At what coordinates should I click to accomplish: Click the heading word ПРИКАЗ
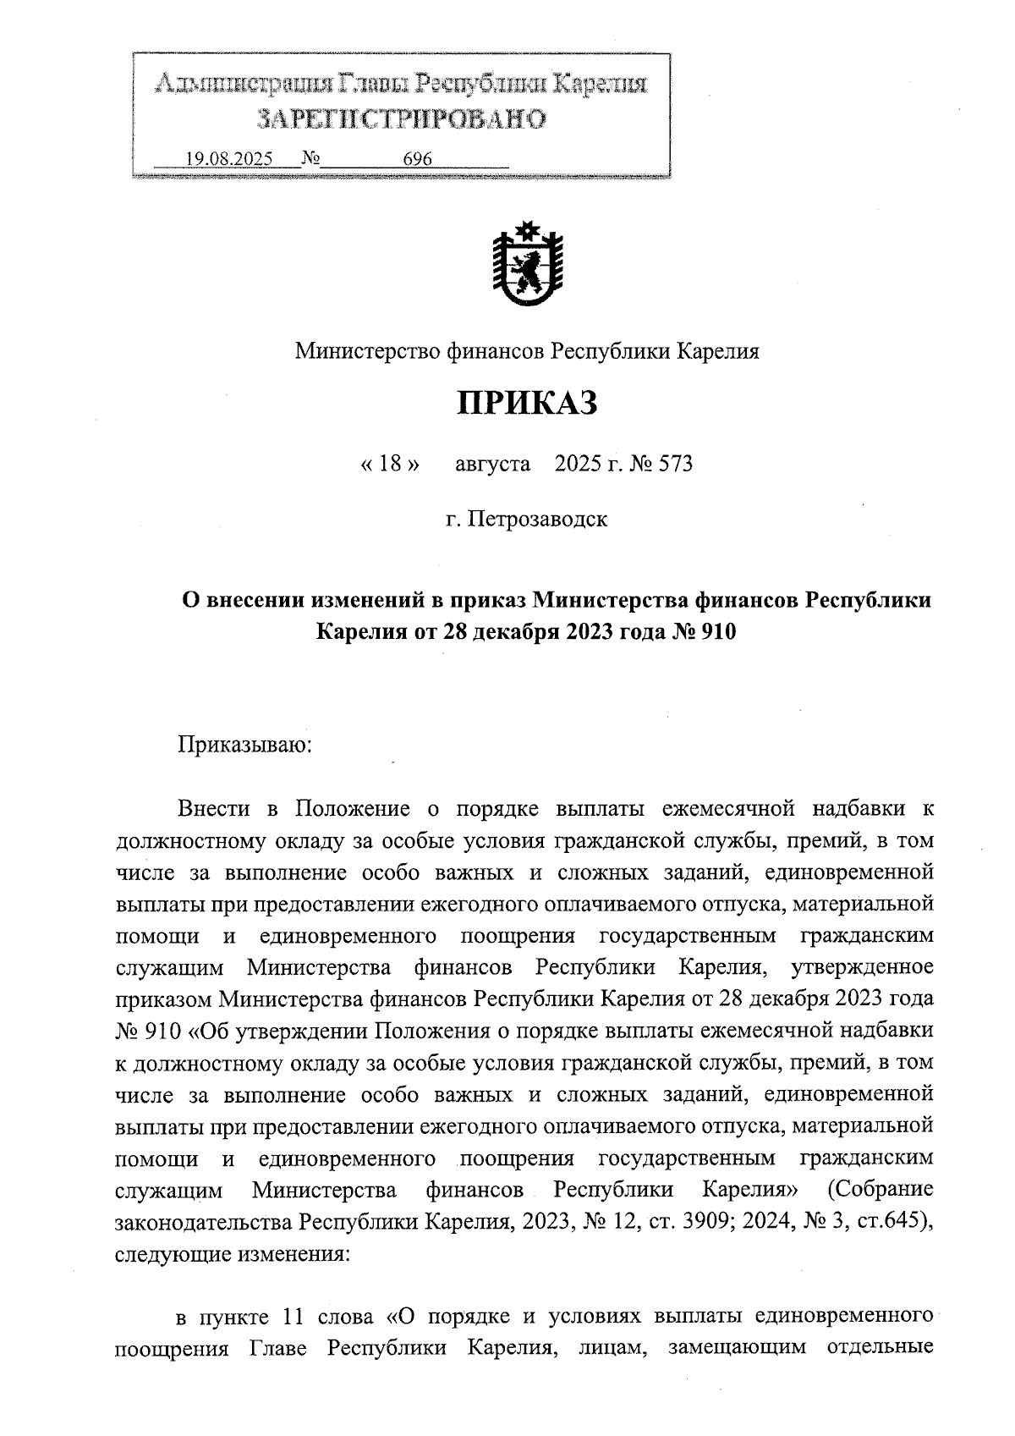coord(527,404)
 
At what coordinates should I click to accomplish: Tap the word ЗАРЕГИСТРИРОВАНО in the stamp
coord(401,119)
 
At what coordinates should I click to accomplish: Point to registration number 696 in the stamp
coord(418,159)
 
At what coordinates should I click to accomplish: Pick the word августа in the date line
coord(493,464)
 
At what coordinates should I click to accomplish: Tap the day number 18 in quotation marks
coord(390,464)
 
